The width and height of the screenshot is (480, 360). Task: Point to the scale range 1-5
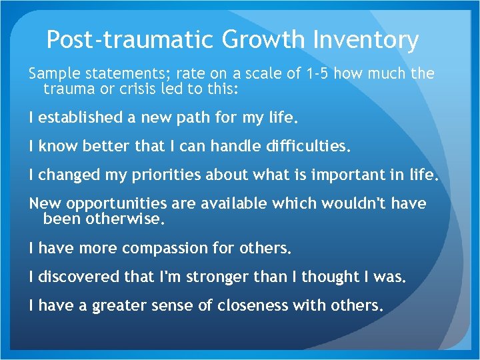(315, 73)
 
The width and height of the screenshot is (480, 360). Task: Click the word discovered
(73, 277)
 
